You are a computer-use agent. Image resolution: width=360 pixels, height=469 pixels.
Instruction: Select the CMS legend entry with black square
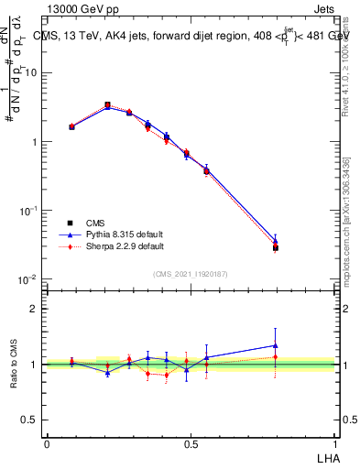click(94, 224)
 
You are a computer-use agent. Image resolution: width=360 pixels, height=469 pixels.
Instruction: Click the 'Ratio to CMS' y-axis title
click(15, 364)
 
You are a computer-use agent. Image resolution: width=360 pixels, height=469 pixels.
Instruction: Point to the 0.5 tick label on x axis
click(191, 442)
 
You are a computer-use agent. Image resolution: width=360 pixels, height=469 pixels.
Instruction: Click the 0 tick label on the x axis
click(47, 442)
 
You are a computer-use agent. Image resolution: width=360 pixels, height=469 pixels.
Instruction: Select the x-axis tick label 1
click(334, 442)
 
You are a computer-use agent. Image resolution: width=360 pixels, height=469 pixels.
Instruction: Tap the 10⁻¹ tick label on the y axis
click(29, 211)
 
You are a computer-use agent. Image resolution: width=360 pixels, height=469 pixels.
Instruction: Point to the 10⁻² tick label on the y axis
click(29, 279)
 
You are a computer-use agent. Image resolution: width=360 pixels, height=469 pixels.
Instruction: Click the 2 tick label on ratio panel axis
click(34, 309)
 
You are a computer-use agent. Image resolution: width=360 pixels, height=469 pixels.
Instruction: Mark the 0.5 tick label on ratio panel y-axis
click(30, 420)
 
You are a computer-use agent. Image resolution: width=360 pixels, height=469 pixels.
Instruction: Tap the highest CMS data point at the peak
click(107, 105)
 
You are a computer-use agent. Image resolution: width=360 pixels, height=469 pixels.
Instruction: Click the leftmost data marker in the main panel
click(71, 126)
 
